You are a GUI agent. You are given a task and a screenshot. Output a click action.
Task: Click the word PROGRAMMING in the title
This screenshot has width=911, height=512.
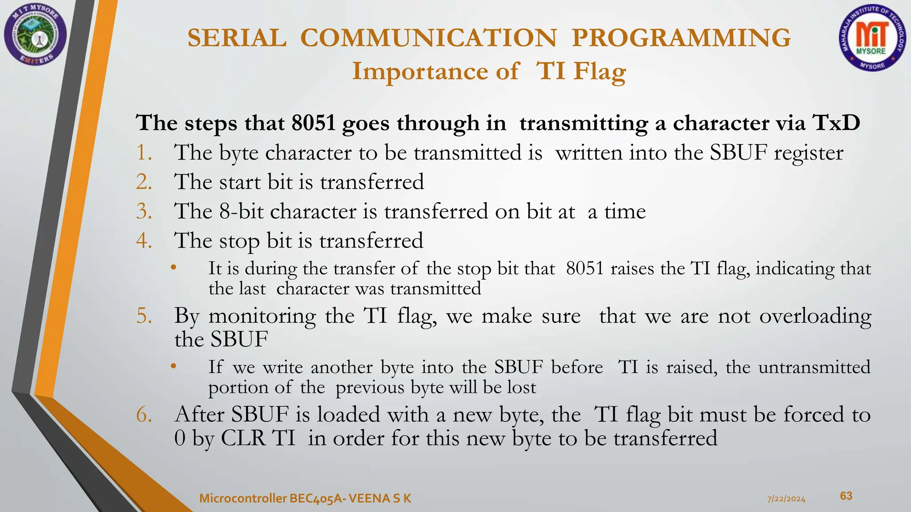[x=681, y=38]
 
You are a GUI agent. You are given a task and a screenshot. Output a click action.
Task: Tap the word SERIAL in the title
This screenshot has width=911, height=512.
[x=237, y=38]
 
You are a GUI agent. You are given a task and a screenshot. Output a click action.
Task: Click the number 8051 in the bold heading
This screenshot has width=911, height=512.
[x=314, y=123]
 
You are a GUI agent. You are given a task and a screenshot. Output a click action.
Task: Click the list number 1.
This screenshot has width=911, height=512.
[x=144, y=153]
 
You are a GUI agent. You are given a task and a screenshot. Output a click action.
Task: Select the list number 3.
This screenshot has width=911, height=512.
[x=144, y=212]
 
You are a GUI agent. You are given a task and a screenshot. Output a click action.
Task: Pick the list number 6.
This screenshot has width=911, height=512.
[x=144, y=415]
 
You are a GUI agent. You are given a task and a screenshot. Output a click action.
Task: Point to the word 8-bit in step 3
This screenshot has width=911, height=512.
[x=242, y=212]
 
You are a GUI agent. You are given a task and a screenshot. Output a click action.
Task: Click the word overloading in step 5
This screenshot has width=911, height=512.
[x=815, y=317]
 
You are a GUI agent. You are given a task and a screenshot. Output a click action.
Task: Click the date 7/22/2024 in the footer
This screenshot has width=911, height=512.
[x=786, y=499]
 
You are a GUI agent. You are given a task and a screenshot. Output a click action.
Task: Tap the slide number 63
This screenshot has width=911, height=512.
[x=846, y=496]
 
